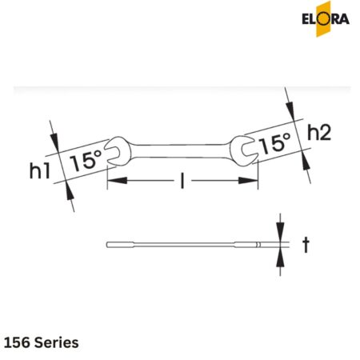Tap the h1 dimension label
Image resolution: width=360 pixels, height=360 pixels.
(41, 170)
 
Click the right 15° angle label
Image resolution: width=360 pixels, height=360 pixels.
(274, 144)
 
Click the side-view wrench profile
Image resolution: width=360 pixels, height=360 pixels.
(192, 243)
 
